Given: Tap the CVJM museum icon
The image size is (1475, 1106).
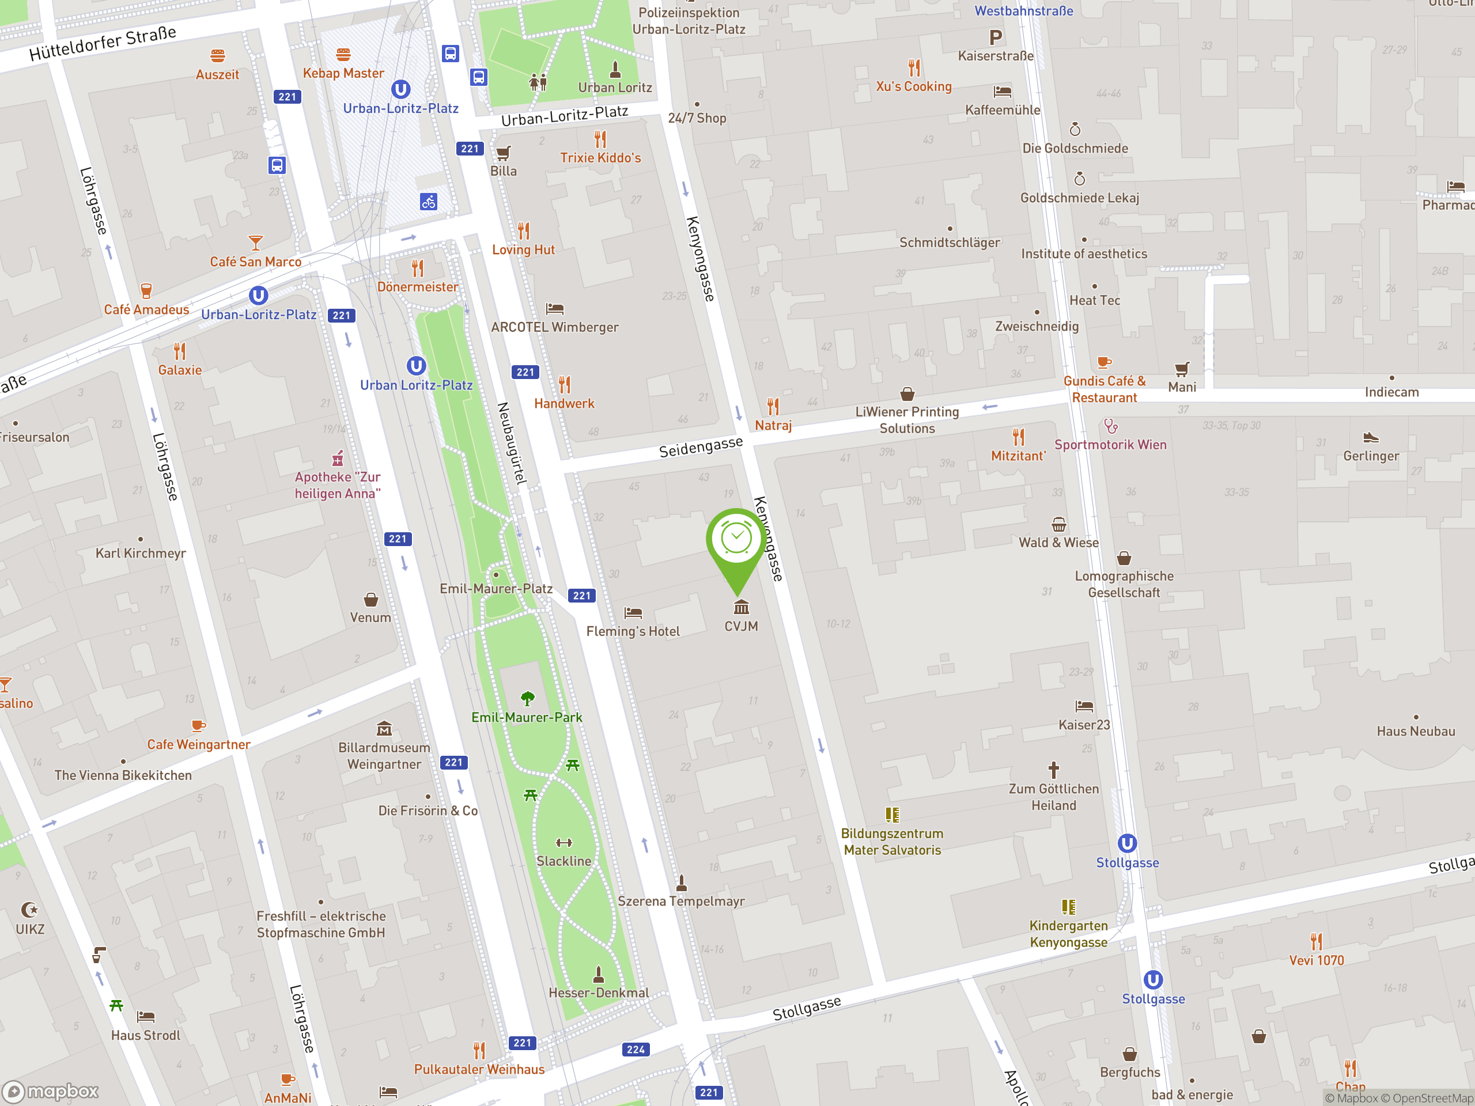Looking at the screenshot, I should coord(741,607).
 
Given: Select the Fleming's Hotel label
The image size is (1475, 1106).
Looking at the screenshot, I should coord(633,631).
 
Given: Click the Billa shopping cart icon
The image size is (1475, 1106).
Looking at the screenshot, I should coord(504,153).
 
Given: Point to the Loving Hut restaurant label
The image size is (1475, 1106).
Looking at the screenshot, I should coord(523,250).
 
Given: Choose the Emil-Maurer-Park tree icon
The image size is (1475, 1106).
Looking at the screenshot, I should coord(527,698).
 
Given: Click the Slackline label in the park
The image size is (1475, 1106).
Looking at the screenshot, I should coord(563,861).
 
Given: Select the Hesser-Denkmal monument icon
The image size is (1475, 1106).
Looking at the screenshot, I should coord(598,975).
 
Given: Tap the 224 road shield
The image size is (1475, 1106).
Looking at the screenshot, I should coord(636,1050).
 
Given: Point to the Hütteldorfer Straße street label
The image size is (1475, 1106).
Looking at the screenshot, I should coord(103,43).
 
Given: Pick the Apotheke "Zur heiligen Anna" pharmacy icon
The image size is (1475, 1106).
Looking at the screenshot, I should coord(338,458).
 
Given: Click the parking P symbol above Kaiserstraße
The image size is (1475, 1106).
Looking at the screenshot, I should coord(996,38).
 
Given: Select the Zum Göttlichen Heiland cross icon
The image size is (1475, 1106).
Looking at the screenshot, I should coord(1054,770).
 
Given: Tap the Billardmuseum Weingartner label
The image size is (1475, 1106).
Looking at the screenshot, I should coord(384,756).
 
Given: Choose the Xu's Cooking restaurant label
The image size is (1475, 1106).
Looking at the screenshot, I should coord(914,86).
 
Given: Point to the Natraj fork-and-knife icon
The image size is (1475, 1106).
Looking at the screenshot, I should coord(773,406).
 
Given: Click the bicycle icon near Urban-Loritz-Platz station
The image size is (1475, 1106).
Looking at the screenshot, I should coord(429,202).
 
